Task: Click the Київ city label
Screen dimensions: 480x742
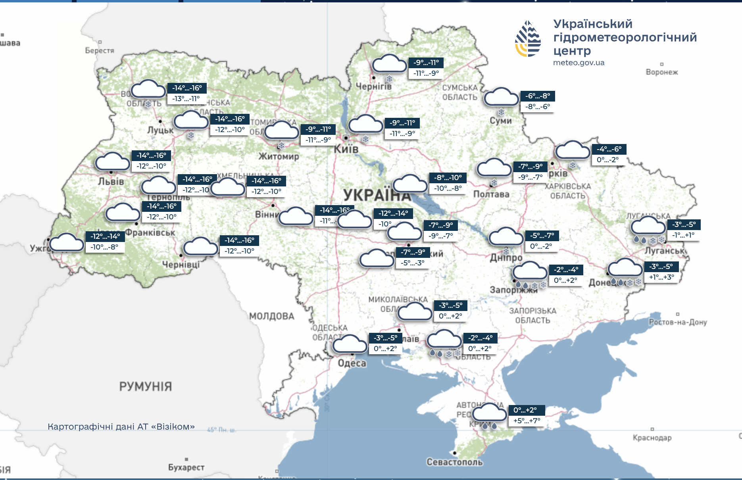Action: [x=346, y=150]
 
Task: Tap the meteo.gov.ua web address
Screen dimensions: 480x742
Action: [x=579, y=63]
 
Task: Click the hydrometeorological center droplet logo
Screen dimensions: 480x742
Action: [x=528, y=39]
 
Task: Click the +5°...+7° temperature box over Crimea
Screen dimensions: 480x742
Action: [x=527, y=421]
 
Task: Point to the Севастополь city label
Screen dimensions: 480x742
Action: [x=454, y=462]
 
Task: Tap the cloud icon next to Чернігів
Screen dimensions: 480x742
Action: [x=389, y=64]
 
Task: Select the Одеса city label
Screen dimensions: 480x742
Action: [x=352, y=363]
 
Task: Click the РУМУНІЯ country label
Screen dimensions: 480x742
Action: [x=146, y=386]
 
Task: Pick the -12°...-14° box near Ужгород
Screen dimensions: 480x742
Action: [x=105, y=236]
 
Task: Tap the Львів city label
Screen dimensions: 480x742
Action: [x=111, y=182]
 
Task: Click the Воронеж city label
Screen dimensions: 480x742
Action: [x=661, y=72]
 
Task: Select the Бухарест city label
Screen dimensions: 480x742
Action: [x=186, y=467]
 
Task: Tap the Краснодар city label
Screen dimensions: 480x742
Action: [x=652, y=438]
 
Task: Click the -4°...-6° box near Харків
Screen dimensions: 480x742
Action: [x=609, y=149]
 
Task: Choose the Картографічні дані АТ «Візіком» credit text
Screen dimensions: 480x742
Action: [x=121, y=427]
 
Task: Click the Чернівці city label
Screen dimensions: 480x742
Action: [x=181, y=264]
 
